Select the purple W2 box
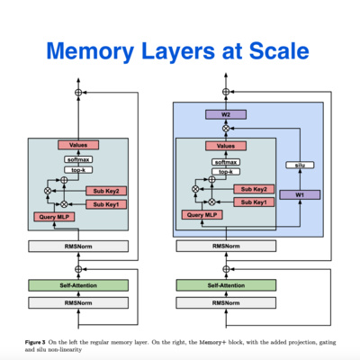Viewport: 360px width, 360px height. pyautogui.click(x=226, y=114)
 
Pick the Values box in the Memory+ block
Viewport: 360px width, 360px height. pyautogui.click(x=226, y=146)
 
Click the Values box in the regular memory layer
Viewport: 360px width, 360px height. pyautogui.click(x=78, y=145)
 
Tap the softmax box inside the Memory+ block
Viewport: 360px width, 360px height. pyautogui.click(x=226, y=161)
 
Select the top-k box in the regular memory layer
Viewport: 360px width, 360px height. pyautogui.click(x=78, y=170)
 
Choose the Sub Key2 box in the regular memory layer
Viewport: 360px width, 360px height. pyautogui.click(x=104, y=191)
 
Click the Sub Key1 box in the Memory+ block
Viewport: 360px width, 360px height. pyautogui.click(x=252, y=202)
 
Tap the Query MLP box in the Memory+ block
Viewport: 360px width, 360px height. pyautogui.click(x=202, y=215)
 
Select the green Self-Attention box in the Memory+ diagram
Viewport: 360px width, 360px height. pyautogui.click(x=226, y=285)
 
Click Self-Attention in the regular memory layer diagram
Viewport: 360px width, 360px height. pyautogui.click(x=78, y=285)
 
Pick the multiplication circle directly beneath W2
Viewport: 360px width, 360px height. pyautogui.click(x=226, y=129)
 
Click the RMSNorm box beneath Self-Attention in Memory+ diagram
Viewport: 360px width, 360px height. pyautogui.click(x=226, y=303)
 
